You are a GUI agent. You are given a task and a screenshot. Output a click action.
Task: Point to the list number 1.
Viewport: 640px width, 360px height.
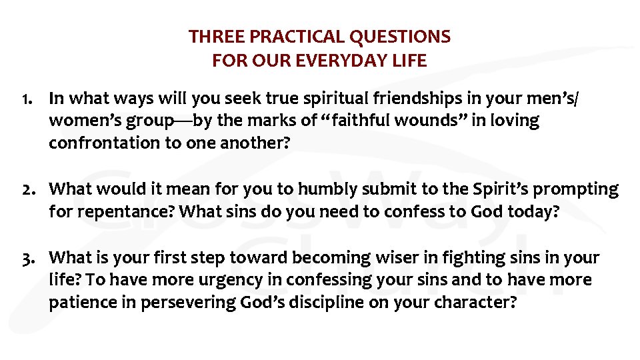pyautogui.click(x=26, y=99)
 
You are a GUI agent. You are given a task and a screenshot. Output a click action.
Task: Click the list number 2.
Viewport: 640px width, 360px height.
pyautogui.click(x=27, y=189)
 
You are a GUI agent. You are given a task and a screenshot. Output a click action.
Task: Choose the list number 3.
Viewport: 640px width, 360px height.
pyautogui.click(x=27, y=258)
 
